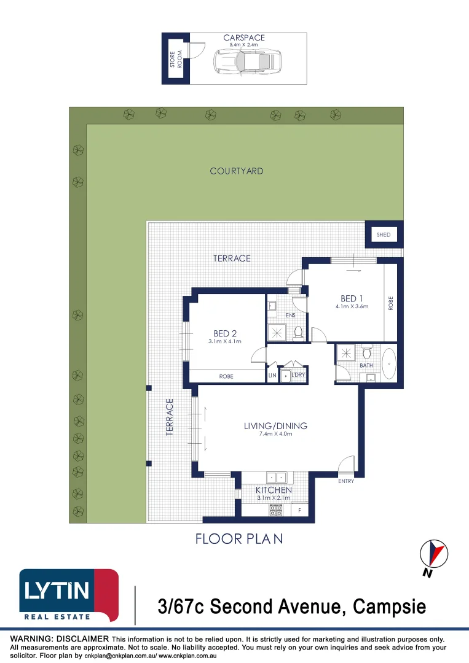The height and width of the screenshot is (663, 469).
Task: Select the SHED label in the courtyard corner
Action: [x=384, y=235]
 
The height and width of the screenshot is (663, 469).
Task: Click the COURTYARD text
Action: [x=237, y=171]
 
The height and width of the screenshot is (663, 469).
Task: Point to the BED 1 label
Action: [x=352, y=298]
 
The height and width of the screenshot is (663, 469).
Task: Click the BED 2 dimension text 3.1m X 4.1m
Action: [x=225, y=341]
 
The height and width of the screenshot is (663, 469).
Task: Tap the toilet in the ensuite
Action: [x=299, y=332]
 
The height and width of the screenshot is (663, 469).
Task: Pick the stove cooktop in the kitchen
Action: [x=275, y=509]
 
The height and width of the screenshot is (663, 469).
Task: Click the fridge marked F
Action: [x=300, y=510]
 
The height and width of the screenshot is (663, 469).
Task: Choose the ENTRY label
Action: [x=346, y=481]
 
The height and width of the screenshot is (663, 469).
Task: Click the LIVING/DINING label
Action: [x=275, y=425]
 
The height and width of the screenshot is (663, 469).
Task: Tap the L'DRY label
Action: [x=298, y=374]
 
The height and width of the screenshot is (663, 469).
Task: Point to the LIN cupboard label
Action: [x=272, y=376]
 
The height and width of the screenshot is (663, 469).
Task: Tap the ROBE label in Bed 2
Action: [x=226, y=376]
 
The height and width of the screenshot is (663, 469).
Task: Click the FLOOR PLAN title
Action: [x=239, y=539]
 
